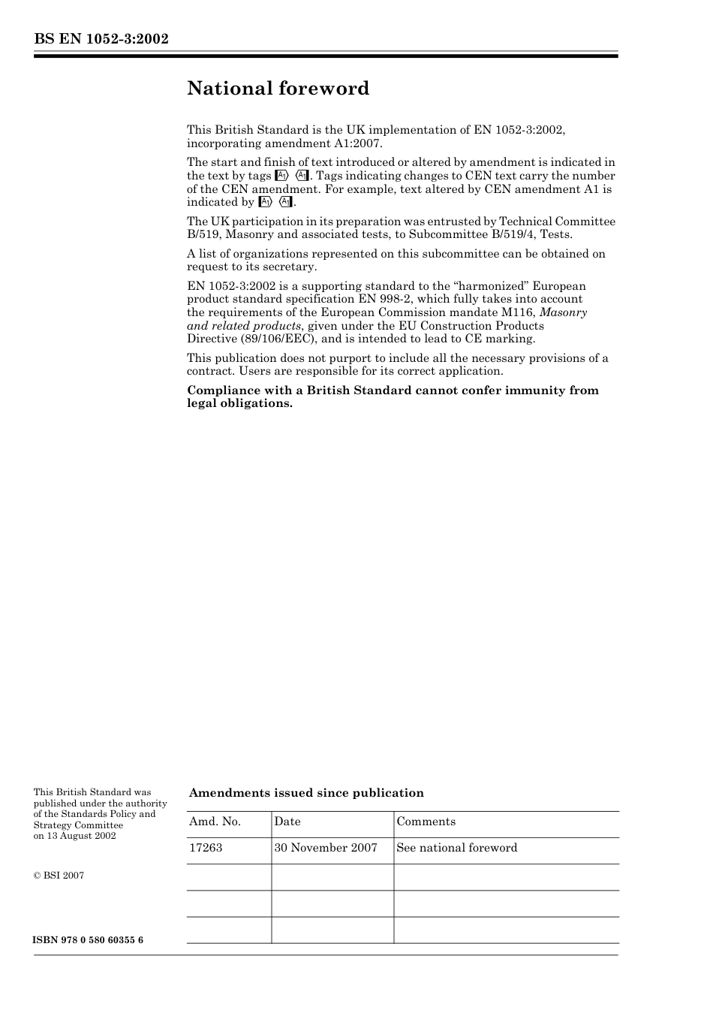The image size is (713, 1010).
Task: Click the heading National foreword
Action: click(278, 89)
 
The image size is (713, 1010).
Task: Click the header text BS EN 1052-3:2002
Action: click(101, 39)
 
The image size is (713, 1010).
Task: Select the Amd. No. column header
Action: click(215, 822)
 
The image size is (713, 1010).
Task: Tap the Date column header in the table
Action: click(287, 822)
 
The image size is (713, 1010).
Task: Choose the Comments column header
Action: click(426, 822)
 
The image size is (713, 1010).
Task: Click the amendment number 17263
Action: click(206, 848)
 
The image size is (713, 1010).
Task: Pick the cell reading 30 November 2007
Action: click(326, 848)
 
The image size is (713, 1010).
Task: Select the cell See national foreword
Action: click(456, 848)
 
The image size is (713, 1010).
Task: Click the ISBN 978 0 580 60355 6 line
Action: click(89, 940)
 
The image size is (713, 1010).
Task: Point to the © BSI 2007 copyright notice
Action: click(59, 876)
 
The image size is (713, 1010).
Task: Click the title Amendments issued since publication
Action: click(306, 793)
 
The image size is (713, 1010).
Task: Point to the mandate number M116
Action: click(519, 312)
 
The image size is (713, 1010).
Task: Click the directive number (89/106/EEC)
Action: click(278, 339)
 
